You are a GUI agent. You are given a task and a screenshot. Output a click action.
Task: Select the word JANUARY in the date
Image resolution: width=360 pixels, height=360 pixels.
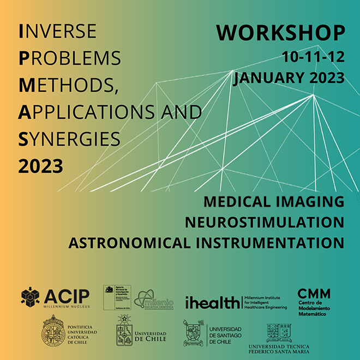point(265,78)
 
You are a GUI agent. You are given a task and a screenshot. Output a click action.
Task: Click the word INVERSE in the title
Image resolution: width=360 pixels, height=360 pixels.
point(57,31)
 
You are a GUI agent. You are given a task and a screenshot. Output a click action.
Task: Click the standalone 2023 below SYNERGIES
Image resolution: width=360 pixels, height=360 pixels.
point(40,165)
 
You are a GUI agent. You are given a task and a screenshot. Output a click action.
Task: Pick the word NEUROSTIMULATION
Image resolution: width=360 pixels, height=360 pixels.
point(264,222)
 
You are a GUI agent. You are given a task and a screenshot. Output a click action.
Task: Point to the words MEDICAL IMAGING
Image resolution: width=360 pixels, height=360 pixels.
point(274,201)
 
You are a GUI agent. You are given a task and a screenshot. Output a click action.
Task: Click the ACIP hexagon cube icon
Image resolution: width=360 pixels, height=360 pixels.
point(31,297)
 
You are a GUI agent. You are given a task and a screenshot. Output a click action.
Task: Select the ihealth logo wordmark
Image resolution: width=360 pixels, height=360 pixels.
point(213,302)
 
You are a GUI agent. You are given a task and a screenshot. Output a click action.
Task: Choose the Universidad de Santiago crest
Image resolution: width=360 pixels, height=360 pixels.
point(194,333)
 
